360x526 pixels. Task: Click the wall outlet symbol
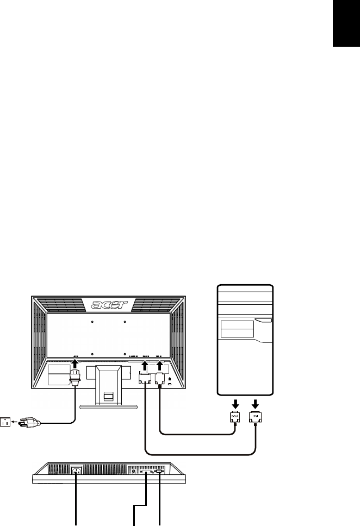click(7, 422)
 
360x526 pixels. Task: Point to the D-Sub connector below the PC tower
click(234, 418)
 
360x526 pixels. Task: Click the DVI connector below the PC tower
click(256, 418)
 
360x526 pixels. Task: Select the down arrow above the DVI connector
click(256, 404)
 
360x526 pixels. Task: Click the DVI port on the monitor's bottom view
click(146, 472)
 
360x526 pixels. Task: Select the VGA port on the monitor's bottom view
click(159, 472)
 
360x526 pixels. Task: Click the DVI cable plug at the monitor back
click(145, 379)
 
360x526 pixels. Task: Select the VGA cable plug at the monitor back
click(159, 379)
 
